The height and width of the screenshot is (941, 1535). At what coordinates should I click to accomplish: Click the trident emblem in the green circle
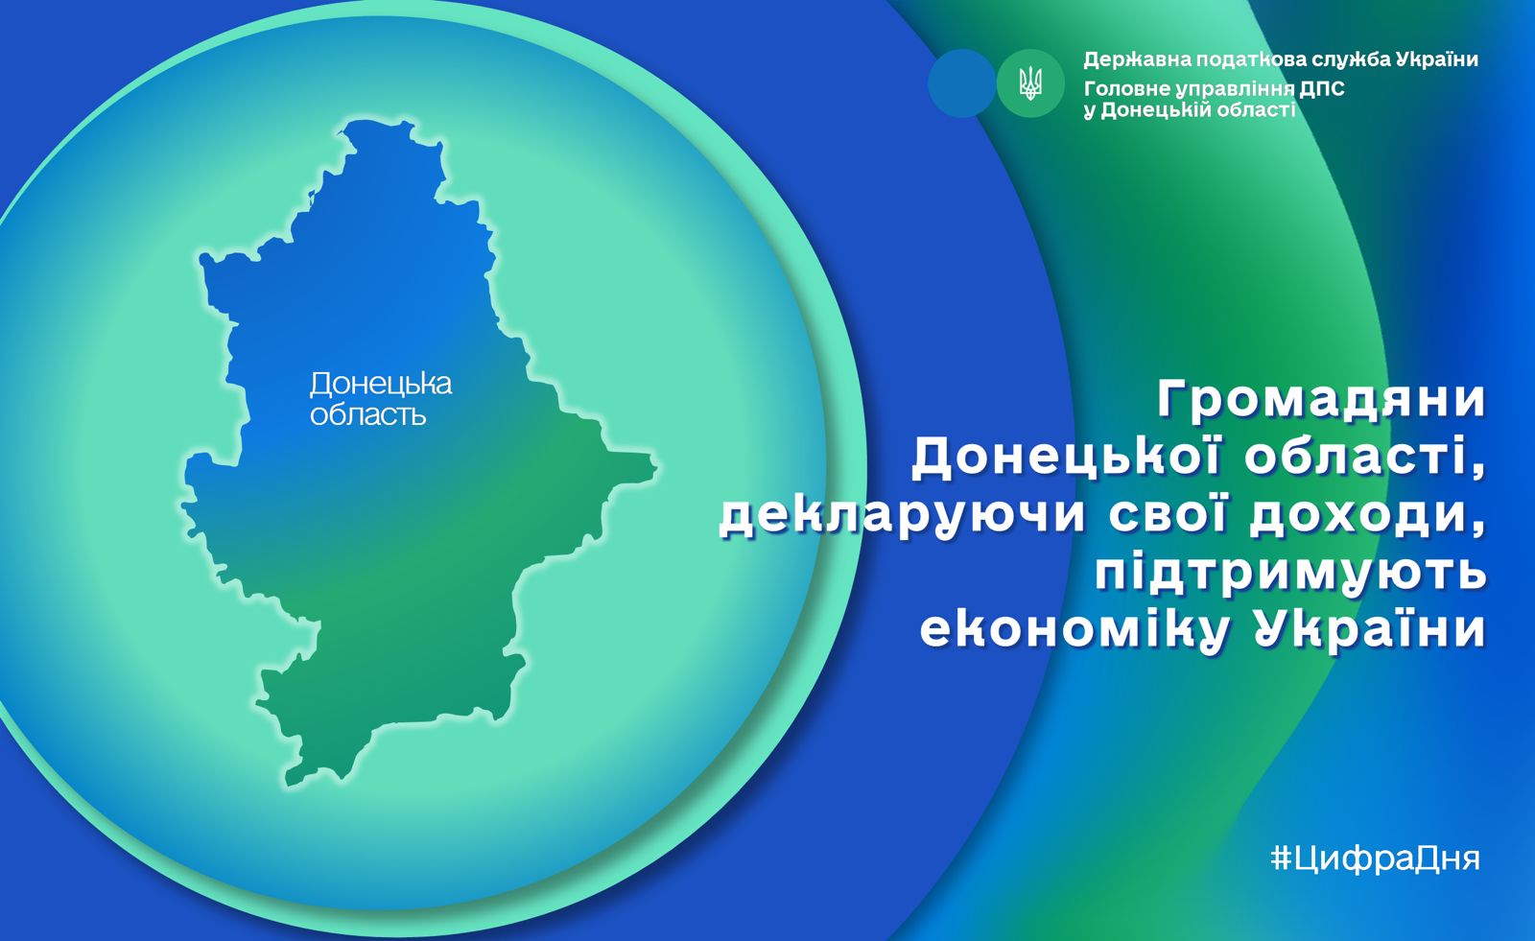coord(1030,83)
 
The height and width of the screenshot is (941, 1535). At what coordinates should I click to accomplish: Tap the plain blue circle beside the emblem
coord(961,82)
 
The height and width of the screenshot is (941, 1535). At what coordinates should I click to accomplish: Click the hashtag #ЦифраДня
coord(1375,858)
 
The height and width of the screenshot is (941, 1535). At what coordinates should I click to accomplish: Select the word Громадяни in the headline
coord(1321,400)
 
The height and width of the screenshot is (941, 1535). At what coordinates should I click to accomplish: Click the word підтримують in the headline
coord(1290,575)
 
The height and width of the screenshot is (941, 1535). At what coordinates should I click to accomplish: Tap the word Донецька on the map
coord(380,385)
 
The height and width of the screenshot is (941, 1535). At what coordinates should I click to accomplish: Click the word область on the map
coord(368,414)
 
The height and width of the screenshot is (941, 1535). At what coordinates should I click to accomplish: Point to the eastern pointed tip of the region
coord(656,468)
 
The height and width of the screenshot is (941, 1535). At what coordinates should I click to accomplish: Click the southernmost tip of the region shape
coord(289,784)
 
